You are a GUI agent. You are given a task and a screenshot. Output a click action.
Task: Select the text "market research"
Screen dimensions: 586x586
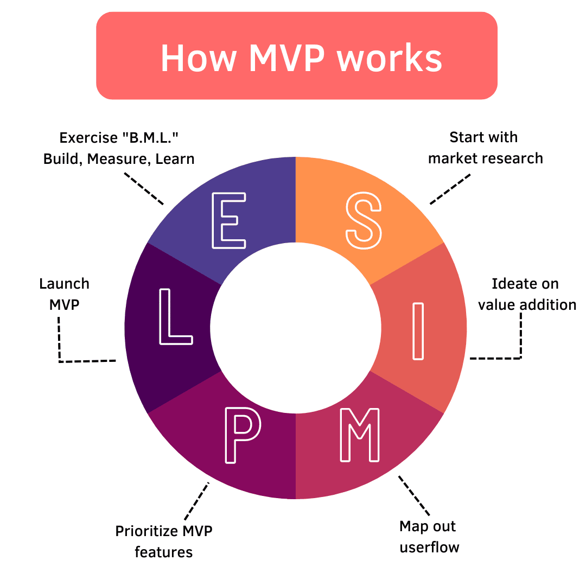[x=485, y=158]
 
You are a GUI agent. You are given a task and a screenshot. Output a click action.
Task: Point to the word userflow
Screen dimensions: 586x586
[x=429, y=547]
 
